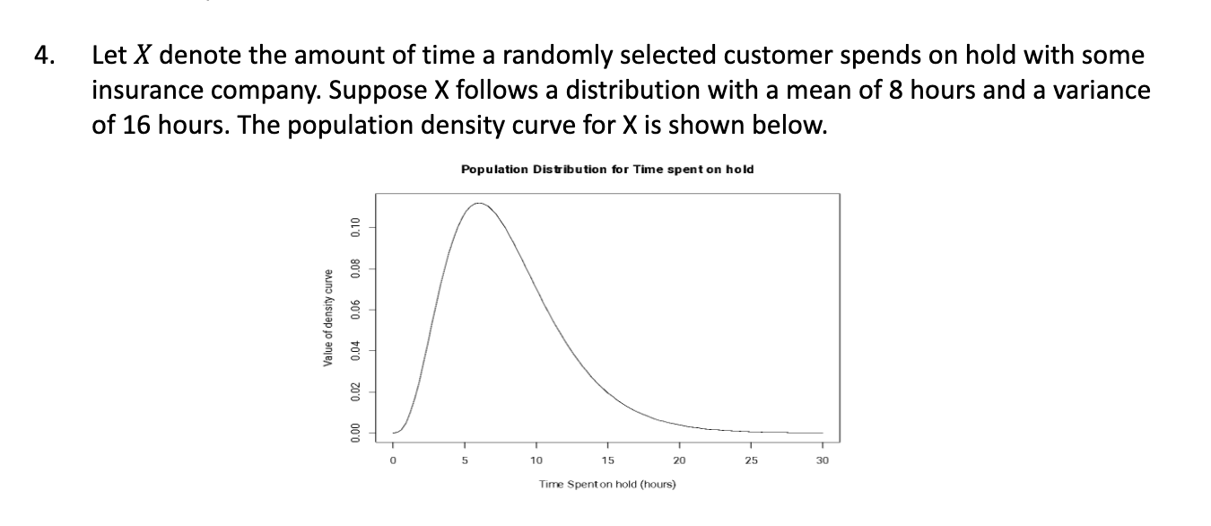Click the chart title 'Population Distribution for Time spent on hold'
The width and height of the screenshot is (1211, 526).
pyautogui.click(x=606, y=169)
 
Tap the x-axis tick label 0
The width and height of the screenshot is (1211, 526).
pyautogui.click(x=392, y=460)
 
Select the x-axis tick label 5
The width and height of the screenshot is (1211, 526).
pyautogui.click(x=465, y=460)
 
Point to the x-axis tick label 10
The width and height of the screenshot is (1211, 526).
pyautogui.click(x=536, y=460)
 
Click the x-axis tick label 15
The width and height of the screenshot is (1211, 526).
pyautogui.click(x=607, y=460)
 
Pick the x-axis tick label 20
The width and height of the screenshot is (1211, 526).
pyautogui.click(x=679, y=460)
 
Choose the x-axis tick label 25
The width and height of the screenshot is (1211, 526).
pyautogui.click(x=751, y=460)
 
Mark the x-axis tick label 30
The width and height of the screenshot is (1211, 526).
pyautogui.click(x=823, y=460)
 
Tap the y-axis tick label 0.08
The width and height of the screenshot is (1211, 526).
pyautogui.click(x=355, y=267)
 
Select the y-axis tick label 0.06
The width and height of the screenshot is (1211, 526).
pyautogui.click(x=355, y=309)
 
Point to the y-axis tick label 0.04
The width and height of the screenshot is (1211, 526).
pyautogui.click(x=355, y=350)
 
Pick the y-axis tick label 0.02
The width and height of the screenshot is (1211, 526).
pyautogui.click(x=355, y=392)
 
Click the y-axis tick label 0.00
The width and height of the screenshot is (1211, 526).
pyautogui.click(x=355, y=434)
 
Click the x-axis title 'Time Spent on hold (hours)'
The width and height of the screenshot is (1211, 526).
pyautogui.click(x=607, y=485)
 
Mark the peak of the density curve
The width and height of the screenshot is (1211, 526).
pyautogui.click(x=479, y=204)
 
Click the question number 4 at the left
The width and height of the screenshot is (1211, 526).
pyautogui.click(x=41, y=56)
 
